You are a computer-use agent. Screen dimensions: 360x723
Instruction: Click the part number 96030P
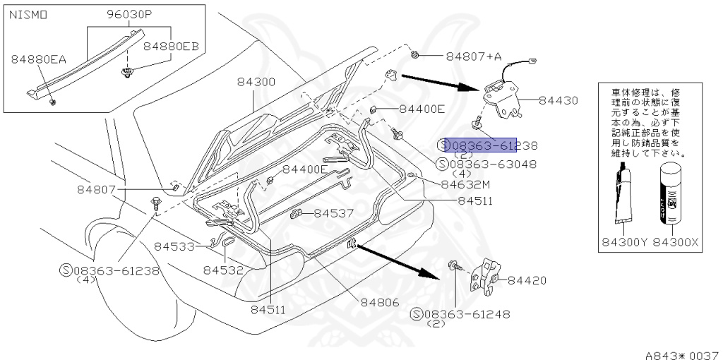[x=131, y=14]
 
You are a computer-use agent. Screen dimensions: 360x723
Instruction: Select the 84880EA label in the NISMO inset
[x=38, y=60]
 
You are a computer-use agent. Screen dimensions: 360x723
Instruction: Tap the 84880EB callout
[x=172, y=47]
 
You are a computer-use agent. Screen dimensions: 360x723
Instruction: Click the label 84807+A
[x=472, y=56]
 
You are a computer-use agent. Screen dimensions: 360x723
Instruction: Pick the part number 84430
[x=558, y=102]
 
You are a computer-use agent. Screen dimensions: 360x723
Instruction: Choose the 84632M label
[x=465, y=184]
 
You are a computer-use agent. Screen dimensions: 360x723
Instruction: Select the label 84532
[x=223, y=270]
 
